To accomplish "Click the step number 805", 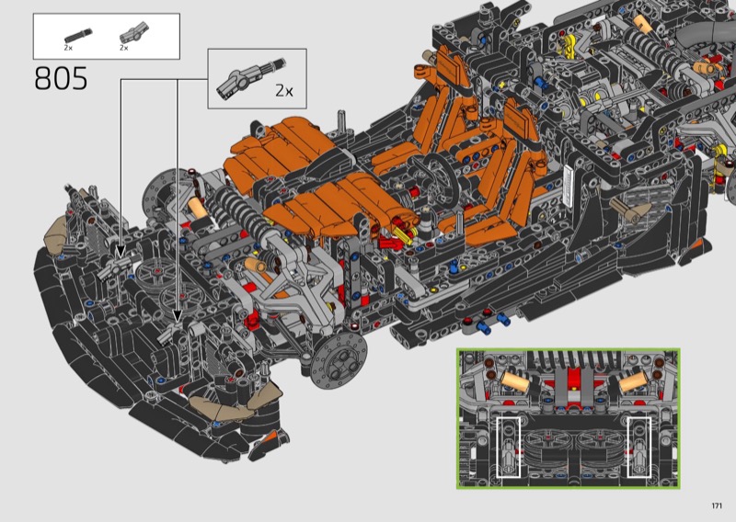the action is point(61,78).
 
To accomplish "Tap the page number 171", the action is point(717,505).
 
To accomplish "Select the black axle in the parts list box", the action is point(78,36).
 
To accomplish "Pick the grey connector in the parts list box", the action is point(134,32).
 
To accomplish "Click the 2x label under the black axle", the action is point(68,48).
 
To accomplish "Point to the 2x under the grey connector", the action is point(124,48).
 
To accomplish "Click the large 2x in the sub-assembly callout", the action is point(284,90).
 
